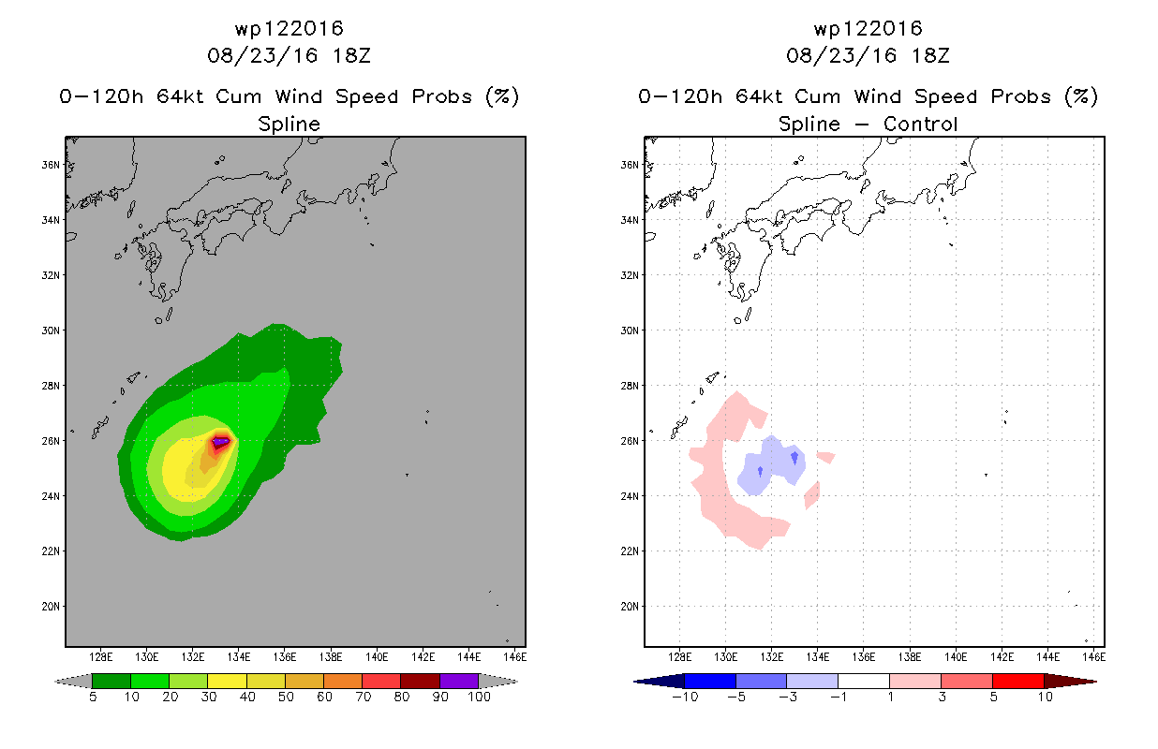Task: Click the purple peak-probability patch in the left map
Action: pos(221,442)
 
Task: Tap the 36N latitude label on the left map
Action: pos(51,165)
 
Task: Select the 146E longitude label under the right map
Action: pos(1094,657)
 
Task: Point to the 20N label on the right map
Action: pos(630,607)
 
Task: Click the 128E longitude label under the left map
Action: pos(101,657)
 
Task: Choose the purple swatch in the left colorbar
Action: pos(459,681)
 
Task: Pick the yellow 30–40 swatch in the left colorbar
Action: pos(227,681)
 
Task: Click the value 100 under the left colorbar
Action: pos(479,697)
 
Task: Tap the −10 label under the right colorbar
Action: pos(685,697)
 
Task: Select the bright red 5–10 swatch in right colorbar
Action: pos(1018,681)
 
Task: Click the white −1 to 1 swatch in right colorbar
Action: pos(864,681)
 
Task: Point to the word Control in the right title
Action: pos(920,124)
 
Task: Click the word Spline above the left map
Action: pos(289,124)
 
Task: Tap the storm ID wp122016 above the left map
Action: pos(289,29)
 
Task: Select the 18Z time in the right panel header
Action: pos(930,55)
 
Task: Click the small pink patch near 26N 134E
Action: pos(826,457)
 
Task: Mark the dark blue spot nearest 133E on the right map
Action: pos(794,457)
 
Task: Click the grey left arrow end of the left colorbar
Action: pos(73,682)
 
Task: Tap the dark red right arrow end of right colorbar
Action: pos(1070,682)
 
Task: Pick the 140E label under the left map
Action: pos(377,657)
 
